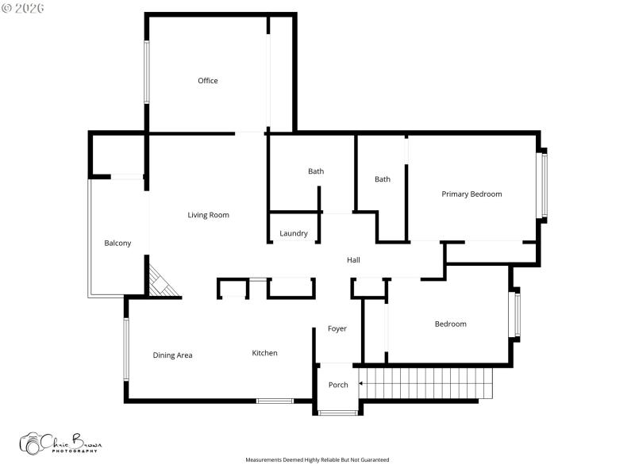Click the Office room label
point(208,81)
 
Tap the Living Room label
point(208,215)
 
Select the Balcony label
point(117,244)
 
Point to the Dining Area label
point(172,355)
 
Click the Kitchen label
point(264,353)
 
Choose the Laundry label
point(294,234)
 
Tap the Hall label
point(353,260)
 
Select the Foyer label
point(337,329)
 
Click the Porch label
point(338,386)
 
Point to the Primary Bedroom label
point(471,194)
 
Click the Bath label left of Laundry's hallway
point(316,171)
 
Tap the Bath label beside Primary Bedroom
point(383,179)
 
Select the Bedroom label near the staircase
point(450,324)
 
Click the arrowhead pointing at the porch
point(362,384)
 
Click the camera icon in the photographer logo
point(32,443)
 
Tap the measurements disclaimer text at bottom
point(317,460)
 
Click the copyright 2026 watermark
point(23,8)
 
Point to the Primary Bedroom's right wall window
point(544,185)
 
